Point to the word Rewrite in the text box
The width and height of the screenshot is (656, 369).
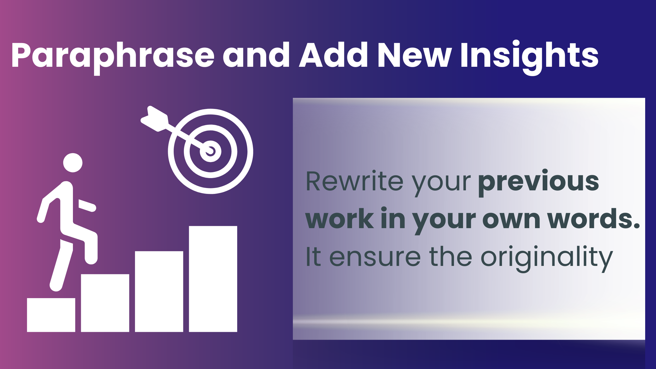pos(354,182)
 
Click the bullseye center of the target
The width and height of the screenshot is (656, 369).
pos(211,151)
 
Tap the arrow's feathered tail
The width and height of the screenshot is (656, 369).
pos(155,119)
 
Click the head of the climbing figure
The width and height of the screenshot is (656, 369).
pos(73,163)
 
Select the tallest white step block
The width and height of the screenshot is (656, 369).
pos(213,279)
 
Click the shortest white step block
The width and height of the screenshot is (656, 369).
pos(51,315)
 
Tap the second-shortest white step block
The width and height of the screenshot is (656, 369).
pos(105,303)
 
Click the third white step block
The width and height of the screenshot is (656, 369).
pos(159,292)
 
